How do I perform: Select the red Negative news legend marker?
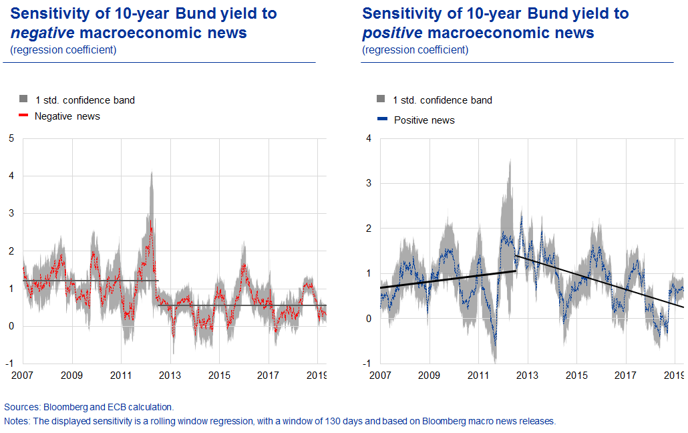(23, 116)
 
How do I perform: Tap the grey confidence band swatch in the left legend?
(23, 100)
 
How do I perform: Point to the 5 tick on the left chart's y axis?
(11, 138)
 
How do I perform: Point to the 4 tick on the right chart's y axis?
(369, 138)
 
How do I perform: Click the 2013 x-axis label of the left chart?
(170, 376)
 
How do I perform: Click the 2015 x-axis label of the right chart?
(576, 376)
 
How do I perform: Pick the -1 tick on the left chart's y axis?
(9, 364)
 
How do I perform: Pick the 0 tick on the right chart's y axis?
(369, 319)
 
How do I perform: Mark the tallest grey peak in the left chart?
(152, 172)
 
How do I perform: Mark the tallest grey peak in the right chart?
(510, 160)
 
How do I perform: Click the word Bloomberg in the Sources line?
(61, 407)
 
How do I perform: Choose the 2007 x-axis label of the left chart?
(23, 376)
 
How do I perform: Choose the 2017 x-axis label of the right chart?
(626, 376)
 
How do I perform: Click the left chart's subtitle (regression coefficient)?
(63, 50)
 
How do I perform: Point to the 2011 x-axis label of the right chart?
(478, 376)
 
